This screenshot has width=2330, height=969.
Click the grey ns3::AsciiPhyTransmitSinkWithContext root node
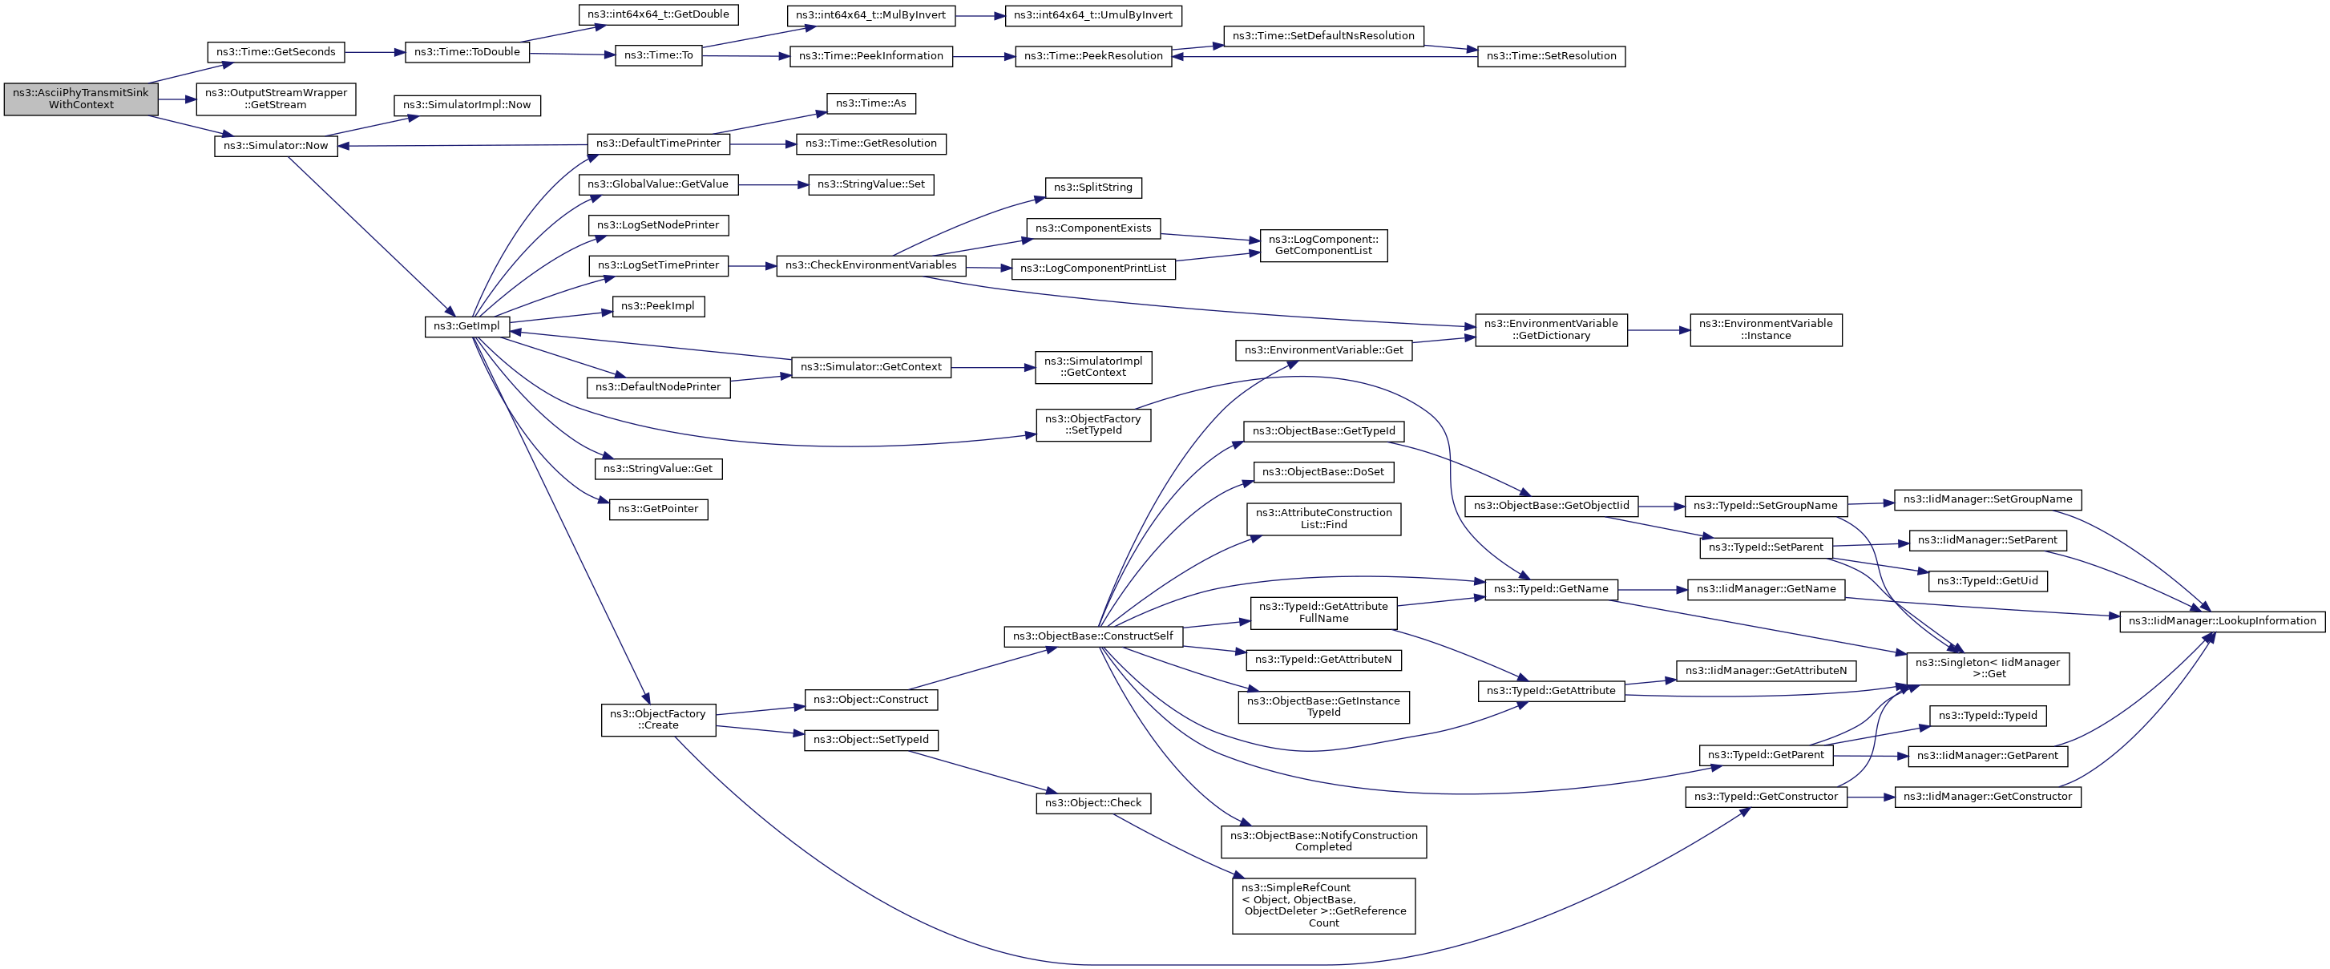(80, 99)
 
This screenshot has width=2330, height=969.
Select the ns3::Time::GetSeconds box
(276, 52)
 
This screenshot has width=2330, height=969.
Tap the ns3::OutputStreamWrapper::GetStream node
(276, 99)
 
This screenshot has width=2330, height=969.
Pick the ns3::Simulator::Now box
(276, 146)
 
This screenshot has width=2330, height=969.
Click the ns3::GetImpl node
(466, 327)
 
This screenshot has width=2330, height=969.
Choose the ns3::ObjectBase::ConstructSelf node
(1092, 637)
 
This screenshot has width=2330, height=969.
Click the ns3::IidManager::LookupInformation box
(2222, 622)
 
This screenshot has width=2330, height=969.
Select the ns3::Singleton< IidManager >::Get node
(1987, 668)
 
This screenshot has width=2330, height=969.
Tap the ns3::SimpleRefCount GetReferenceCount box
(1323, 906)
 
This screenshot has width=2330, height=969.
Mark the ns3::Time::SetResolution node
(1550, 56)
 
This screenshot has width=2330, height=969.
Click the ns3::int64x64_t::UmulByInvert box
(1092, 15)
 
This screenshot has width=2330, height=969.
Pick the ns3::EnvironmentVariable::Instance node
(1765, 330)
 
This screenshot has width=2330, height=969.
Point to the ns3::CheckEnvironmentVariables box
(870, 266)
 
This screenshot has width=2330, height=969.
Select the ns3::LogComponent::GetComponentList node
(1323, 245)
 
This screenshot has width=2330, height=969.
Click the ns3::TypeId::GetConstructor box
(1766, 797)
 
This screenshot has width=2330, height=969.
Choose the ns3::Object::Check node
(1092, 803)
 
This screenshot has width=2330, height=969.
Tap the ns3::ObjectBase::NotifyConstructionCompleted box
(1323, 842)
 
